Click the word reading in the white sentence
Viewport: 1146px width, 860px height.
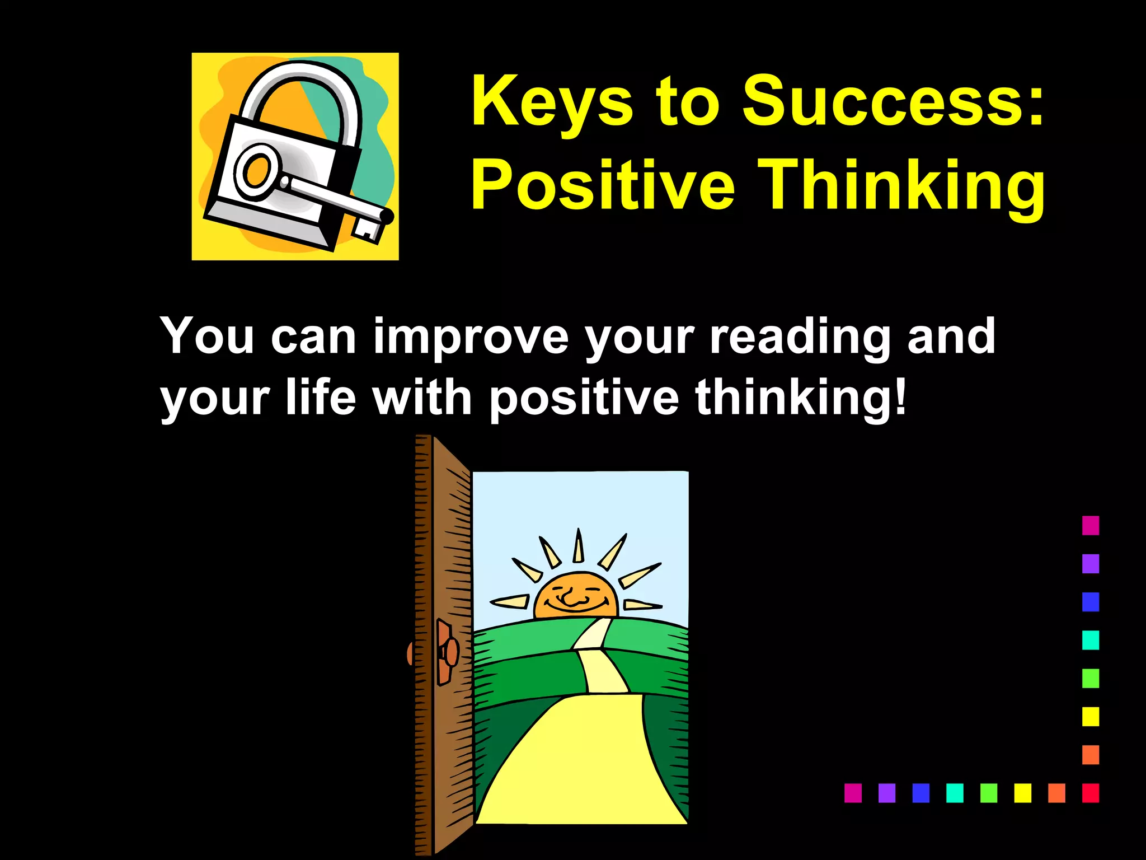pyautogui.click(x=799, y=337)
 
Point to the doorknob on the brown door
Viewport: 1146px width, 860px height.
pyautogui.click(x=448, y=652)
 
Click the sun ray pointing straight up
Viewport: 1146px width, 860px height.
pyautogui.click(x=579, y=546)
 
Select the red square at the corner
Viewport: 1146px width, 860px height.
pyautogui.click(x=1090, y=793)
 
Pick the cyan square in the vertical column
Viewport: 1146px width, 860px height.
pyautogui.click(x=1090, y=640)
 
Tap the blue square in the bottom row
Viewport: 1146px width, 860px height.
pyautogui.click(x=920, y=793)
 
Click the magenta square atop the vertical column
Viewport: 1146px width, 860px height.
pyautogui.click(x=1090, y=525)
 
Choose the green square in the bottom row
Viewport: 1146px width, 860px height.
pyautogui.click(x=989, y=793)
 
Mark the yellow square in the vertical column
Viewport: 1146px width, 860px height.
pyautogui.click(x=1090, y=717)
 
